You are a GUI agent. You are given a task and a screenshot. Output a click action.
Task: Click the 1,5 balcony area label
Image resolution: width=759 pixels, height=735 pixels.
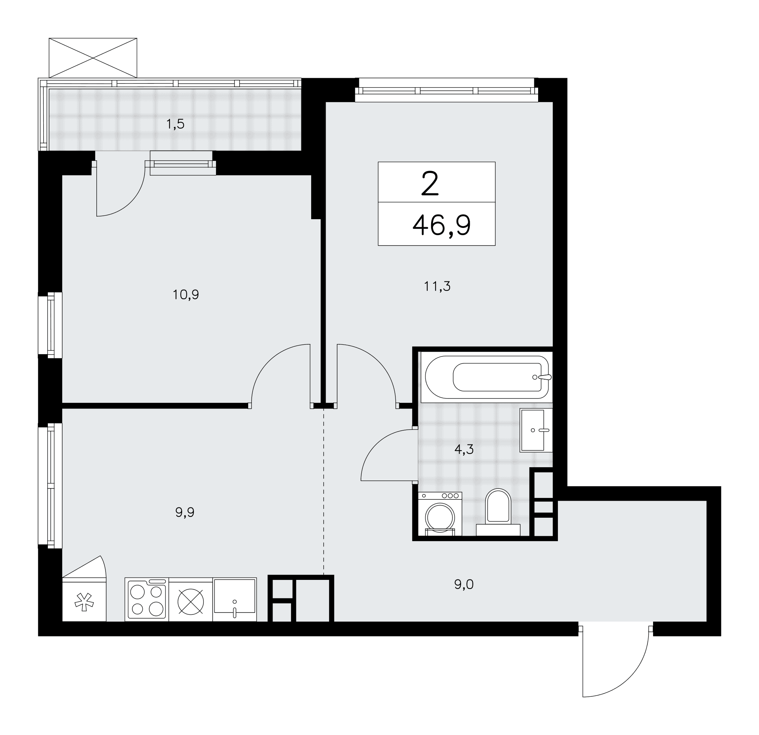[175, 124]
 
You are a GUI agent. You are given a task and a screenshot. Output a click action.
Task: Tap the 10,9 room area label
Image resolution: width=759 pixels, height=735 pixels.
[186, 295]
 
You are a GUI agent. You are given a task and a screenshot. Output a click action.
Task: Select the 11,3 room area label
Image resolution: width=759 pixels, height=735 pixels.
[437, 286]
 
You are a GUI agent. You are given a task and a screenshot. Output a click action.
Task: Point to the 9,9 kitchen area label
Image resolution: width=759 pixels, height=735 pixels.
[185, 512]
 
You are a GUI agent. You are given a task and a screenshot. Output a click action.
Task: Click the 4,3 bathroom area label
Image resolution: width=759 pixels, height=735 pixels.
[464, 450]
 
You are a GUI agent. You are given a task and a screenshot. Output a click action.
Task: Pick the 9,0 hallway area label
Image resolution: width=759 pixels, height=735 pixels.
[464, 584]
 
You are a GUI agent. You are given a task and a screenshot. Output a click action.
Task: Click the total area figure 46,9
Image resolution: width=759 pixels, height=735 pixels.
[441, 226]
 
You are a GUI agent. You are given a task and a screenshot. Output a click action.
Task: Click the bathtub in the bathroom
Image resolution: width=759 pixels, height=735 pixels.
[488, 377]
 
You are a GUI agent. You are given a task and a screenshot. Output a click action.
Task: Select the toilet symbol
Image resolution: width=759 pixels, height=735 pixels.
[498, 513]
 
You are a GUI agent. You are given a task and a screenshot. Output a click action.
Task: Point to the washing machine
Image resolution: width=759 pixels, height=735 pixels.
[440, 514]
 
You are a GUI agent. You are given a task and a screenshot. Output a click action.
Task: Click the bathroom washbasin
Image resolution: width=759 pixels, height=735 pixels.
[535, 430]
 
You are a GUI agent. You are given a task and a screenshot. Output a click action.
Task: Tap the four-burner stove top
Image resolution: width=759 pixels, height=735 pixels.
[147, 600]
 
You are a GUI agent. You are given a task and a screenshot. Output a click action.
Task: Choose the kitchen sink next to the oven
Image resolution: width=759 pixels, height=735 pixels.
[235, 600]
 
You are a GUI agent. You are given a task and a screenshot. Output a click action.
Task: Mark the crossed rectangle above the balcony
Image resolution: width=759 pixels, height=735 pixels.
[93, 58]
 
